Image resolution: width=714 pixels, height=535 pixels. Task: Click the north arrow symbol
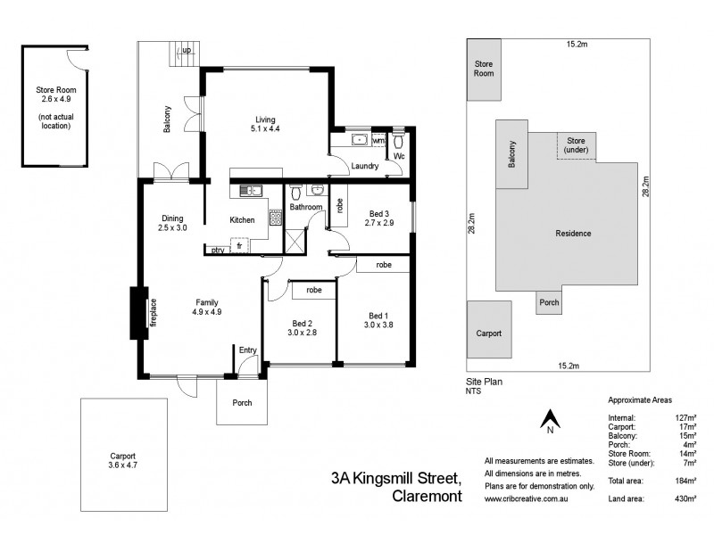tap(551, 418)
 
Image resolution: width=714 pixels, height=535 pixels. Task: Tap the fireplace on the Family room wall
tap(137, 312)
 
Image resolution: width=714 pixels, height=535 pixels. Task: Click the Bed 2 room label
tap(302, 326)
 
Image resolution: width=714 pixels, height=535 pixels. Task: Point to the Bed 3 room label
tap(379, 218)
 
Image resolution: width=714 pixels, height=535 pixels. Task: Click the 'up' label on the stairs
tap(187, 51)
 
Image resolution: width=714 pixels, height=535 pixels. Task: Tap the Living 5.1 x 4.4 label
tap(265, 125)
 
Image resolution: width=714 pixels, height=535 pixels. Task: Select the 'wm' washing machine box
tap(378, 141)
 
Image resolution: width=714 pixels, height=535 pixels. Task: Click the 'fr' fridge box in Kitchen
tap(239, 246)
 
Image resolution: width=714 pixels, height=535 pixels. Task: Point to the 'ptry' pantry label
tap(218, 251)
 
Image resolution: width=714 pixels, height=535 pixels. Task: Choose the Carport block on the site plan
tap(488, 332)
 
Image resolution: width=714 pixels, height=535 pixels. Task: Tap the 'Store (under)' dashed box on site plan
tap(577, 145)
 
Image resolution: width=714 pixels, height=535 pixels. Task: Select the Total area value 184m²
tap(685, 481)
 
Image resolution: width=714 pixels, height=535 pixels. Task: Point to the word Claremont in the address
tap(427, 498)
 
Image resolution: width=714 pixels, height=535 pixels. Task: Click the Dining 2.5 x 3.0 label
tap(171, 224)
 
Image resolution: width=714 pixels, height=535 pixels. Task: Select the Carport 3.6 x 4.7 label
tap(123, 460)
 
